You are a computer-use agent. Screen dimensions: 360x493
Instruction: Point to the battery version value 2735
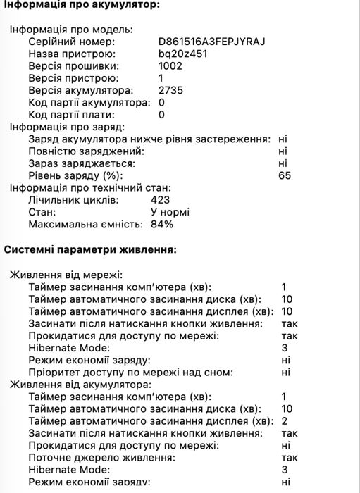point(171,90)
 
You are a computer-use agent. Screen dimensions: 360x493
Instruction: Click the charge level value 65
point(285,175)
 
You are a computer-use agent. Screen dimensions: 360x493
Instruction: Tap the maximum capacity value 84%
point(163,224)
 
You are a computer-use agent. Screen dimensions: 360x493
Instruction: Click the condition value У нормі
point(170,212)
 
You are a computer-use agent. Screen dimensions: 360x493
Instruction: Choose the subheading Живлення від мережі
point(66,274)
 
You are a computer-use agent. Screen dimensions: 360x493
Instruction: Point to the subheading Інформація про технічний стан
point(89,187)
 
